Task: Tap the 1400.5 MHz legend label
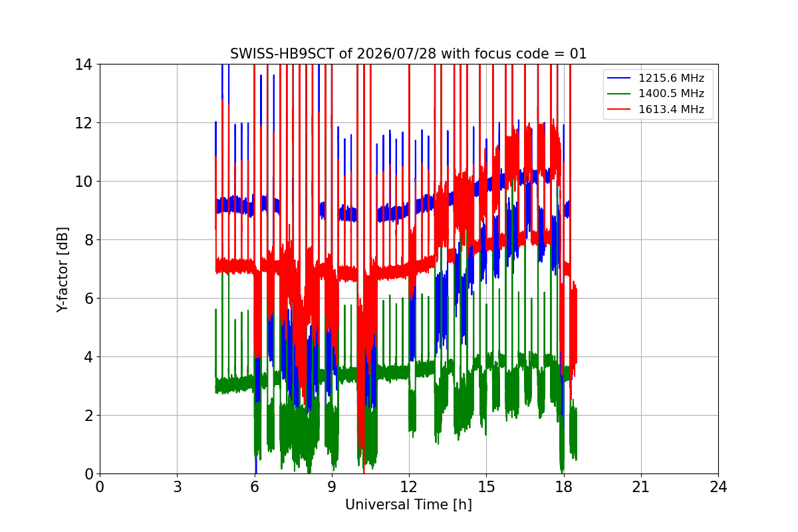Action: click(671, 93)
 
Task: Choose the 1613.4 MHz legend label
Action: click(671, 109)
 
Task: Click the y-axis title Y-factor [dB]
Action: click(62, 270)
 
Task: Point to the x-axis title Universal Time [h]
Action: click(408, 505)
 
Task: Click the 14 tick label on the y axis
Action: click(83, 65)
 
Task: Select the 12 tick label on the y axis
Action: click(83, 123)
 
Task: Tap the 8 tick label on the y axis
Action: click(88, 240)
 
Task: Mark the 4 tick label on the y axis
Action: click(88, 357)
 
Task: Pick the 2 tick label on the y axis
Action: click(88, 416)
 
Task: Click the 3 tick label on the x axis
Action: click(178, 487)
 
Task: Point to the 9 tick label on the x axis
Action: click(332, 487)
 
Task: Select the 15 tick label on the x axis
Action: click(487, 487)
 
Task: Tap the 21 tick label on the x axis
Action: click(641, 487)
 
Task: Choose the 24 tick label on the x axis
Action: click(719, 487)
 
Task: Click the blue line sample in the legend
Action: click(619, 78)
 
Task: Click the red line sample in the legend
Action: click(619, 109)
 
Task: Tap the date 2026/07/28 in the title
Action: click(396, 54)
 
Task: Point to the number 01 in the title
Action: click(578, 54)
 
